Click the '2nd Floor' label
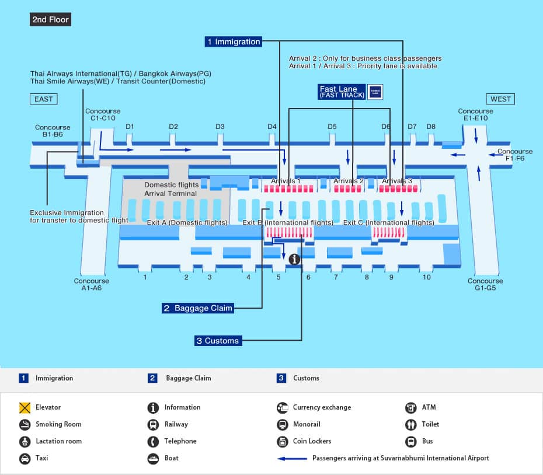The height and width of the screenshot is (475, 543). pyautogui.click(x=51, y=20)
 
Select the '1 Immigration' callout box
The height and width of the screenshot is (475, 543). pyautogui.click(x=233, y=42)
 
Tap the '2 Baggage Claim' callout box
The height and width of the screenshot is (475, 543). pyautogui.click(x=198, y=308)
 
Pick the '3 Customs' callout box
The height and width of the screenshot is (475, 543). pyautogui.click(x=217, y=341)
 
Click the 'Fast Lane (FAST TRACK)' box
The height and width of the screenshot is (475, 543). pyautogui.click(x=342, y=92)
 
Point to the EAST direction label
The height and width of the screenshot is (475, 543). pyautogui.click(x=44, y=99)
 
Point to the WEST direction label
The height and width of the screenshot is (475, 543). pyautogui.click(x=500, y=99)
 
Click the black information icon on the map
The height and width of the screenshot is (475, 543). pyautogui.click(x=294, y=259)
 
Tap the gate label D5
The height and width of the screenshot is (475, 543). pyautogui.click(x=332, y=127)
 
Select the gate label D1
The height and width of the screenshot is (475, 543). pyautogui.click(x=130, y=127)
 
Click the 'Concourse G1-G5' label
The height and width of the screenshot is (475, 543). pyautogui.click(x=485, y=284)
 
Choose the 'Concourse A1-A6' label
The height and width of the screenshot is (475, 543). pyautogui.click(x=92, y=284)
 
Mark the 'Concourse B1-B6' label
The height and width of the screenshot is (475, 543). pyautogui.click(x=53, y=131)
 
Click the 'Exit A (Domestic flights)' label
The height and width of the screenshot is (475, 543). pyautogui.click(x=187, y=222)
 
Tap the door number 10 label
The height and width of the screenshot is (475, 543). pyautogui.click(x=427, y=277)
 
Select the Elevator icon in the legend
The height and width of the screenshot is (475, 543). pyautogui.click(x=25, y=407)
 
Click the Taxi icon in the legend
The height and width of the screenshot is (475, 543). pyautogui.click(x=25, y=458)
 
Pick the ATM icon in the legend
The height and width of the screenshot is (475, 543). pyautogui.click(x=410, y=407)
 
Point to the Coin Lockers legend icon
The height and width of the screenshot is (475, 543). pyautogui.click(x=282, y=441)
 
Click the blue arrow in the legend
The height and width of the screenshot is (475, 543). pyautogui.click(x=292, y=459)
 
